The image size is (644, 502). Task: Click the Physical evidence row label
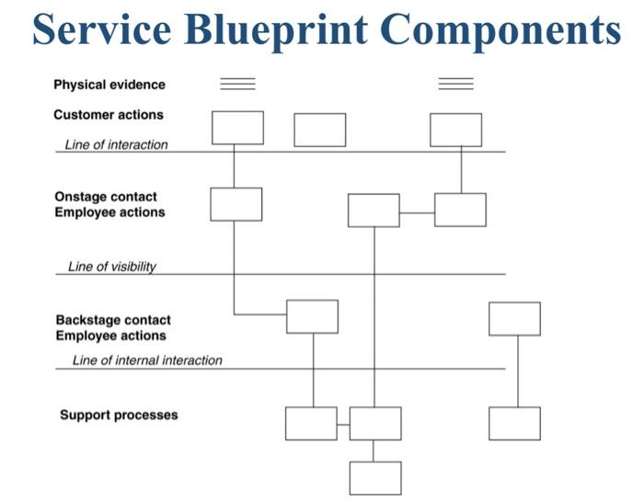click(109, 85)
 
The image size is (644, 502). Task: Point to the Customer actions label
click(109, 115)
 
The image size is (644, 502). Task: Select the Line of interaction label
click(116, 144)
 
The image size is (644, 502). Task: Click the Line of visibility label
click(112, 267)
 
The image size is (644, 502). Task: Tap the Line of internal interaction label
click(147, 360)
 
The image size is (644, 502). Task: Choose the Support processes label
click(119, 415)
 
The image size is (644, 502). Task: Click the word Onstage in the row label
click(79, 197)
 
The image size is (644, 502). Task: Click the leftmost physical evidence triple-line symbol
click(237, 85)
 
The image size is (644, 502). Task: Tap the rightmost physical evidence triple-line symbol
click(455, 85)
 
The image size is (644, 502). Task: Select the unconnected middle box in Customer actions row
click(320, 130)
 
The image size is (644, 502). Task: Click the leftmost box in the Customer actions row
click(237, 128)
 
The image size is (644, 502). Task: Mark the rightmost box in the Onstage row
click(460, 210)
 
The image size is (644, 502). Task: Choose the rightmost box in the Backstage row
click(514, 318)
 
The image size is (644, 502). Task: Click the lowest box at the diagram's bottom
click(375, 478)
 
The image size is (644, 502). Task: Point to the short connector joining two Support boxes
click(343, 424)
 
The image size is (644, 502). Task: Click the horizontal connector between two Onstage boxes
click(417, 212)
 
